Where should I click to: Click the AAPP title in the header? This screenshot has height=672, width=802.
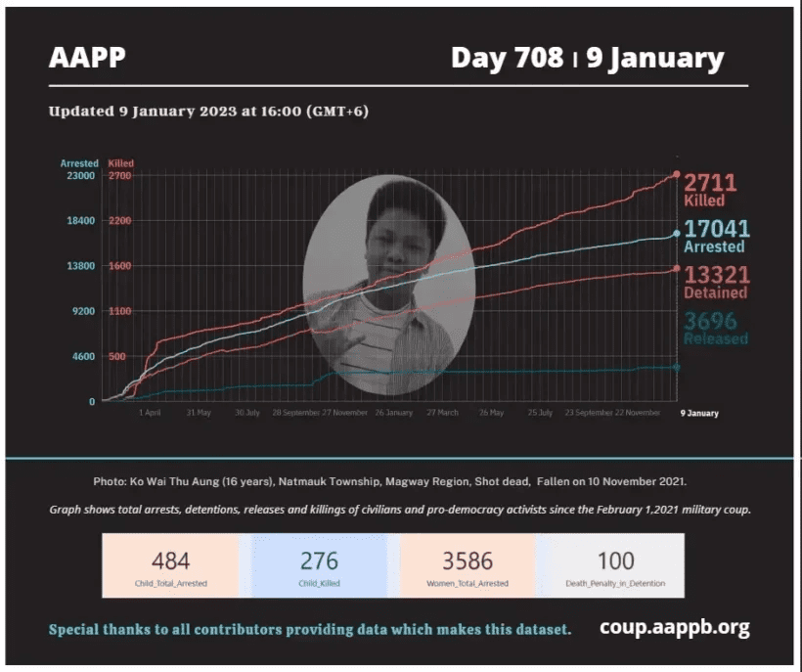click(x=87, y=58)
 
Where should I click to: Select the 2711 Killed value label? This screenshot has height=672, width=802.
click(x=709, y=188)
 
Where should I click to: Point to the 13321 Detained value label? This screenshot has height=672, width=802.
click(x=716, y=282)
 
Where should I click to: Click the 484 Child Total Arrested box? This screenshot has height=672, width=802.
click(x=170, y=565)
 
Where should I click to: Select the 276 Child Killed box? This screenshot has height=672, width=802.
click(x=319, y=565)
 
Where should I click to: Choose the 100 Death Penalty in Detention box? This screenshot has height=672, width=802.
click(x=616, y=565)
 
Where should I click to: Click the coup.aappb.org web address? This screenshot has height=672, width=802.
click(x=675, y=628)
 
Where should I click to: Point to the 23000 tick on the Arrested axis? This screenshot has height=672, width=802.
click(x=79, y=175)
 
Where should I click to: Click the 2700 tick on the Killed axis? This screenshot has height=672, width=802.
click(x=119, y=175)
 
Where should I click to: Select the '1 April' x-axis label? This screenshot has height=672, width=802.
click(x=150, y=413)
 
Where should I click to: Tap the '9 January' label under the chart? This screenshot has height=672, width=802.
click(x=699, y=413)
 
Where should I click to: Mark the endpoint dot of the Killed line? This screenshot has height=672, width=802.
click(x=677, y=175)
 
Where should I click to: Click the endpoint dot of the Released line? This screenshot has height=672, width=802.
click(x=676, y=367)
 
